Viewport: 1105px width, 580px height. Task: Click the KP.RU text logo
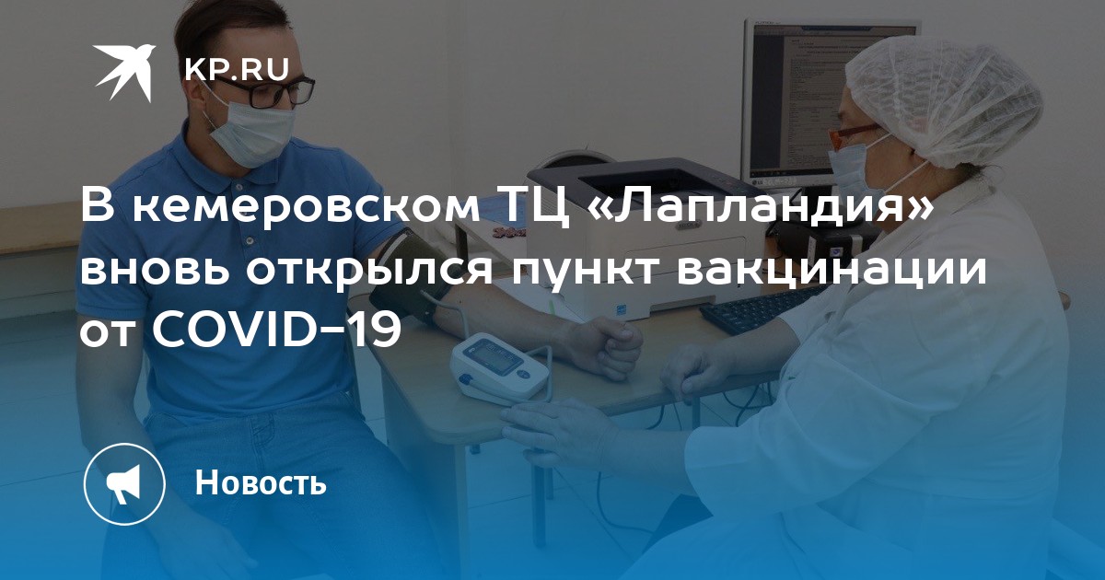coord(237,70)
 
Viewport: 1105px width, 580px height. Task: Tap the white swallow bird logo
coord(124,72)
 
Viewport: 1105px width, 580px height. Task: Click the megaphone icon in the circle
coord(124,483)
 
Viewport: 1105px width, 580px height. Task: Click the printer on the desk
coord(641,237)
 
